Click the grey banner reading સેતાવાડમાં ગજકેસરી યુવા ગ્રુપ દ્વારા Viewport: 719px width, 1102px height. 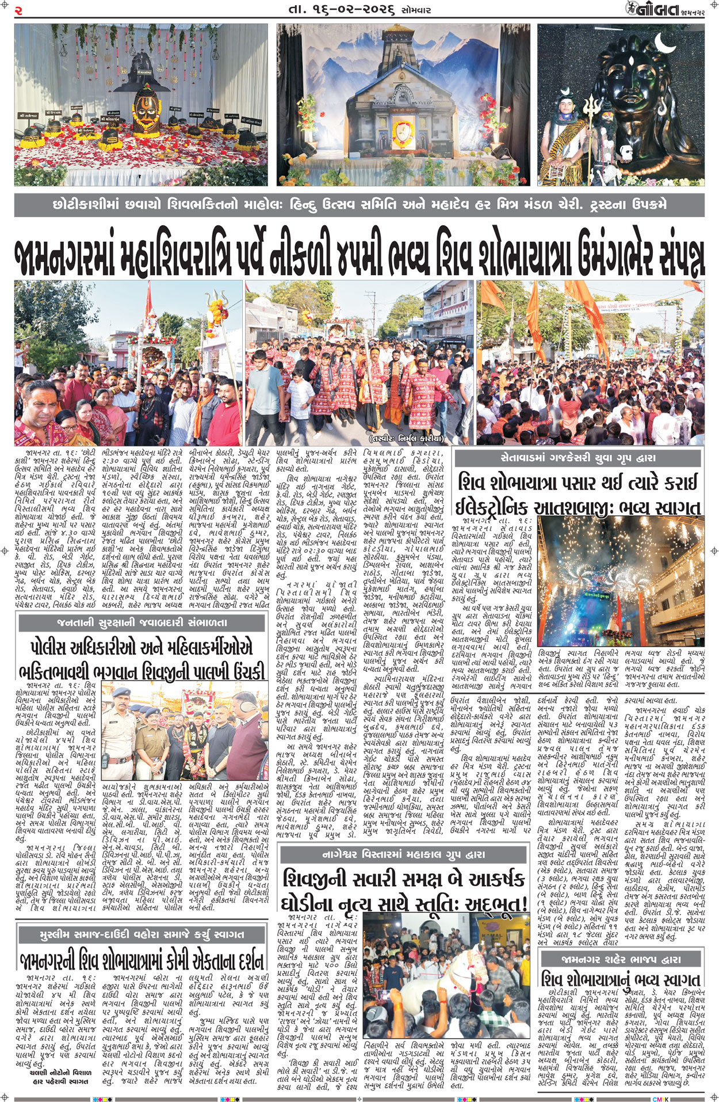578,458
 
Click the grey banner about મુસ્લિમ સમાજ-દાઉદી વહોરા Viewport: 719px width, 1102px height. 141,934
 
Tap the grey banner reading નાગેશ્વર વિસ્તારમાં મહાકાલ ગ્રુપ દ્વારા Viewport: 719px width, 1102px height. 403,855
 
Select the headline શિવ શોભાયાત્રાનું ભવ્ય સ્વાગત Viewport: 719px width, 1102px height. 622,979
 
